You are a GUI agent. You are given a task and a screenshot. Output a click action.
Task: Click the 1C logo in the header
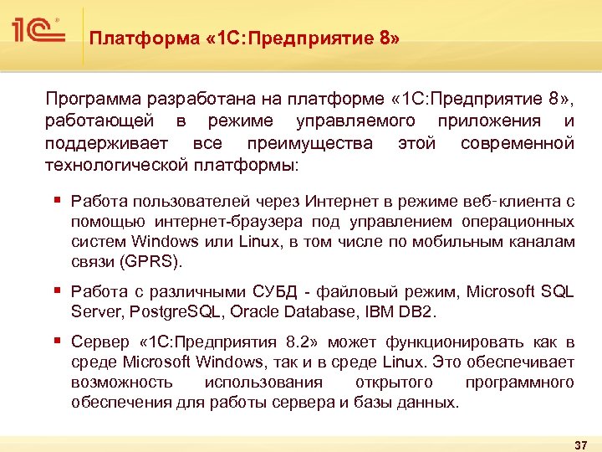pos(38,31)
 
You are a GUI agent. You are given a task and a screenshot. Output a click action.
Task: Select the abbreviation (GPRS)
pos(150,262)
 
